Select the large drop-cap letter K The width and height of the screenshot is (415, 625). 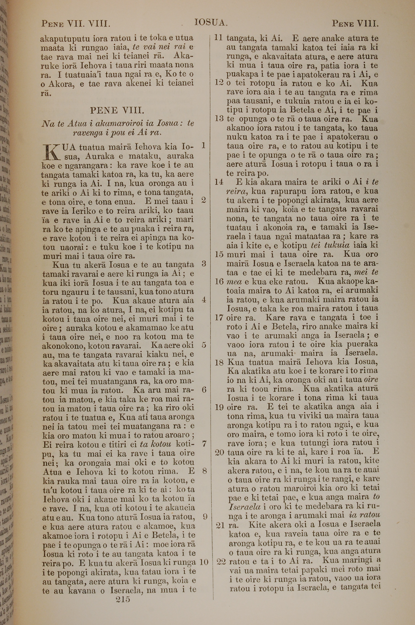point(52,152)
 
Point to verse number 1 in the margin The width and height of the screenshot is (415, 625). point(204,145)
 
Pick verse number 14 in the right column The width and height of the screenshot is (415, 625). point(219,182)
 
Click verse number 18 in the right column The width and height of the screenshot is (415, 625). point(219,362)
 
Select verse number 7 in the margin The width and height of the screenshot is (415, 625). point(204,444)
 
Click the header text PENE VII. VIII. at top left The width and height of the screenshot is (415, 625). point(76,24)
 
